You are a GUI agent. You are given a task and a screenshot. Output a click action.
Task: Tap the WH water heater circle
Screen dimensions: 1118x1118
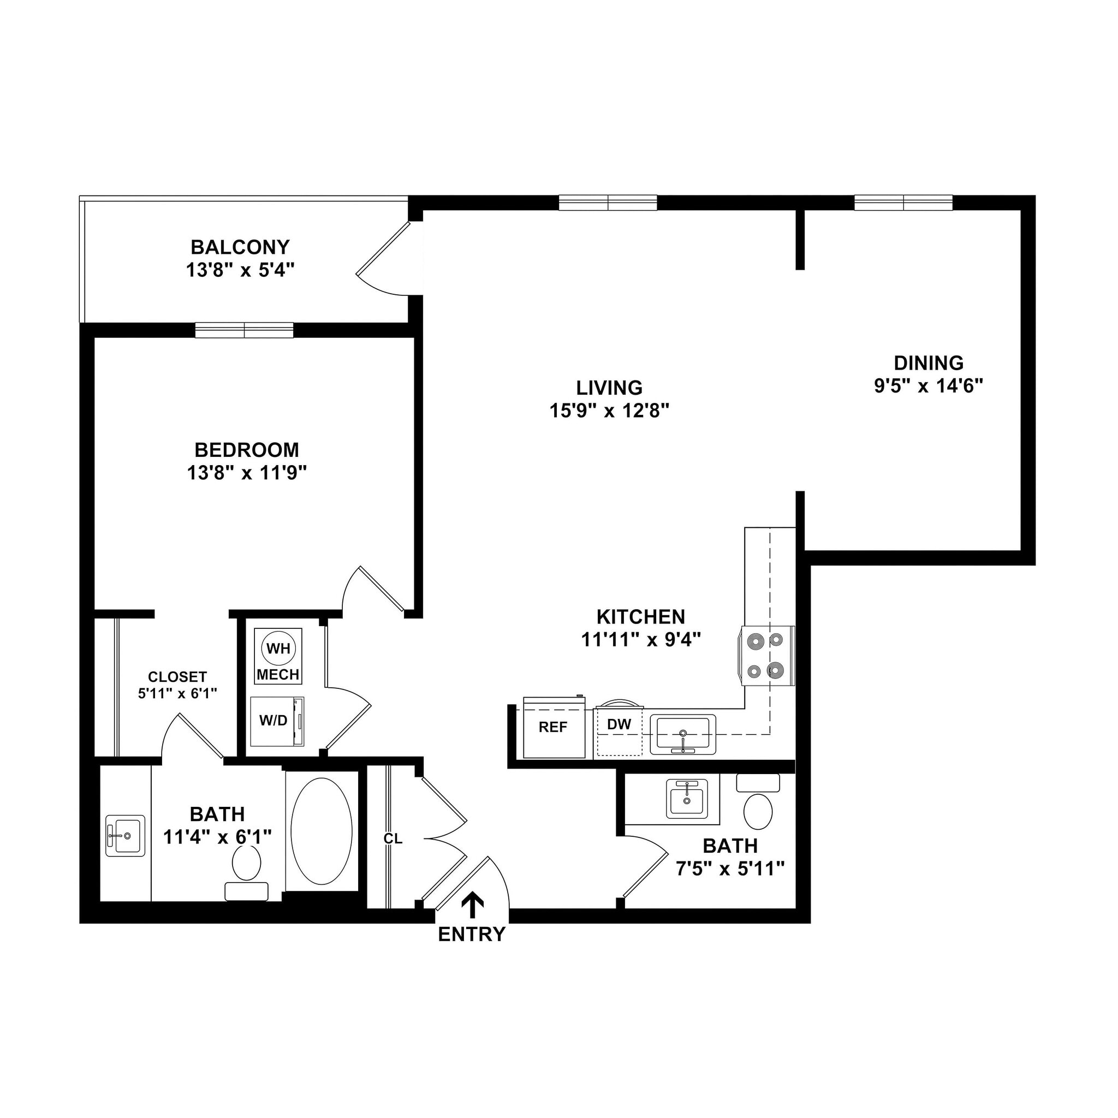point(278,648)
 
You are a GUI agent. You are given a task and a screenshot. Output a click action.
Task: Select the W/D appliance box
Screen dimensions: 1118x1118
point(277,721)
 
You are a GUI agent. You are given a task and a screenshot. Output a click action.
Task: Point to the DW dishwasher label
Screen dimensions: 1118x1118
point(619,724)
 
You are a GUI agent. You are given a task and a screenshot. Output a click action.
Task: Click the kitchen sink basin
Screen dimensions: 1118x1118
point(683,734)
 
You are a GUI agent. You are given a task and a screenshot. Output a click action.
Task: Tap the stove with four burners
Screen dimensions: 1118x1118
point(767,656)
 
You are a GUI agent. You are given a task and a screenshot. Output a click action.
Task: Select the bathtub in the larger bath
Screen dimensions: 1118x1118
point(321,831)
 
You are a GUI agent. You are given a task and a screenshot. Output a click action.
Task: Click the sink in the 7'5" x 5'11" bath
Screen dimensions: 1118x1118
point(687,799)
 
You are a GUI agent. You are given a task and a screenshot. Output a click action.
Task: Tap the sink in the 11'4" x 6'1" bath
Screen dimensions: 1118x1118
point(126,836)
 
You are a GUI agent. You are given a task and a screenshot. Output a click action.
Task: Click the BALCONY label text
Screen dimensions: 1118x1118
point(240,247)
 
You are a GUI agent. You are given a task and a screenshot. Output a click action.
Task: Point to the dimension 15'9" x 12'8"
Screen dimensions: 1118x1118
point(609,411)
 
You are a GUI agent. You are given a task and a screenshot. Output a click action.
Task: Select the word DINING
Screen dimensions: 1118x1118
point(929,363)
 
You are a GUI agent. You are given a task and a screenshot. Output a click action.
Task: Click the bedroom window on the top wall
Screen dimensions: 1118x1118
point(244,330)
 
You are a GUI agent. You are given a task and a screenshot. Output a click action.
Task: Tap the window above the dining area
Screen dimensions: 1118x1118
point(903,203)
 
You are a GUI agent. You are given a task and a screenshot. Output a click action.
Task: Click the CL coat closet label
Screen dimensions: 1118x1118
point(393,838)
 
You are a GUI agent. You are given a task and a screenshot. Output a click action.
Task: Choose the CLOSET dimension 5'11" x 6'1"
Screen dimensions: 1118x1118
point(177,693)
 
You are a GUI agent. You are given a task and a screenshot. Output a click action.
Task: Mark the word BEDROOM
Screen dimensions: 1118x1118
point(247,450)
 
